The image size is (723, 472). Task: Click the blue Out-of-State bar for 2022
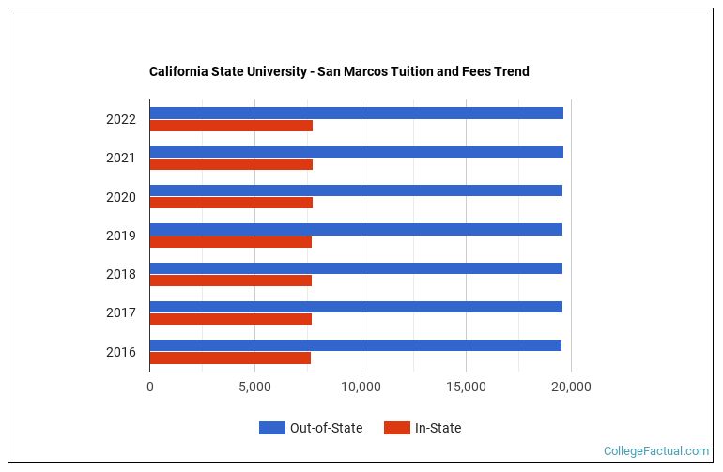[x=357, y=113]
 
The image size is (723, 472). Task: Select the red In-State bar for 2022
[x=231, y=126]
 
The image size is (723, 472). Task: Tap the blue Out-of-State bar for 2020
[x=356, y=190]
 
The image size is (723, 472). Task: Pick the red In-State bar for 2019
[x=231, y=242]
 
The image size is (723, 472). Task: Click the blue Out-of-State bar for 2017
[x=356, y=307]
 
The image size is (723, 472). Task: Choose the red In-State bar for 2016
[x=230, y=358]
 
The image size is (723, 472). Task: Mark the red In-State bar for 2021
[x=231, y=164]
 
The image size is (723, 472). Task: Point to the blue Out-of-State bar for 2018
[x=356, y=268]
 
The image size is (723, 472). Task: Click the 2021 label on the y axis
[x=120, y=159]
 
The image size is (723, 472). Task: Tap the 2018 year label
[x=120, y=275]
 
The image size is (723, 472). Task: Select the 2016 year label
[x=120, y=353]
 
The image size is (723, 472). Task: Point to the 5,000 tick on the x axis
[x=254, y=386]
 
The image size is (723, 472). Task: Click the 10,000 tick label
[x=361, y=386]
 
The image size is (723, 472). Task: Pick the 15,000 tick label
[x=466, y=386]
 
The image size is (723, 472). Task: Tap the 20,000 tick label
[x=571, y=386]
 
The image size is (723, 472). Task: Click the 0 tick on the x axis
[x=150, y=386]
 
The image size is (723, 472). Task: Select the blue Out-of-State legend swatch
[x=271, y=428]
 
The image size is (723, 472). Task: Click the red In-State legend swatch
[x=397, y=428]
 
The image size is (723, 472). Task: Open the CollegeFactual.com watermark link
[x=655, y=451]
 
